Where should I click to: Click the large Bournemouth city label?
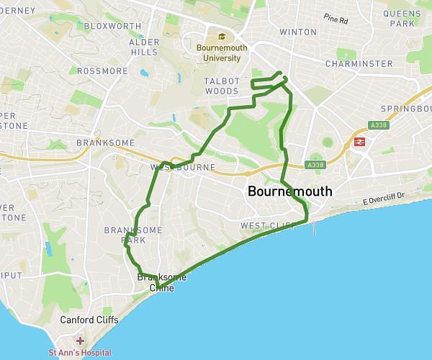click(x=289, y=192)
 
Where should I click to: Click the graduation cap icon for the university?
click(x=222, y=37)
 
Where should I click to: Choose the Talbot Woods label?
click(x=221, y=86)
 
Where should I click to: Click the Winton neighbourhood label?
click(x=297, y=32)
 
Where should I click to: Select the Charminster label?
click(x=359, y=64)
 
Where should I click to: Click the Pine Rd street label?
click(x=336, y=17)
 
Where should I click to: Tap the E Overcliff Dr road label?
click(x=384, y=196)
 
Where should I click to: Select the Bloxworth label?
click(x=112, y=26)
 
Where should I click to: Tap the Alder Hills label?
click(x=143, y=48)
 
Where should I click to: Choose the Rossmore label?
click(x=102, y=71)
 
